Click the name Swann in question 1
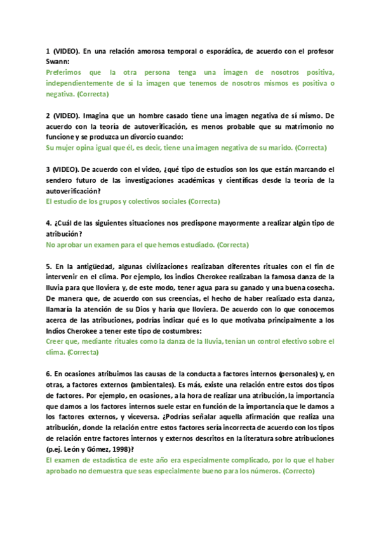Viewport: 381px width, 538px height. click(x=57, y=63)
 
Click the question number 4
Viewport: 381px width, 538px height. click(x=49, y=223)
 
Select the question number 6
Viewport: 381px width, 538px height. click(x=49, y=374)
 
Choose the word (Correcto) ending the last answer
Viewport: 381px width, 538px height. click(x=298, y=471)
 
